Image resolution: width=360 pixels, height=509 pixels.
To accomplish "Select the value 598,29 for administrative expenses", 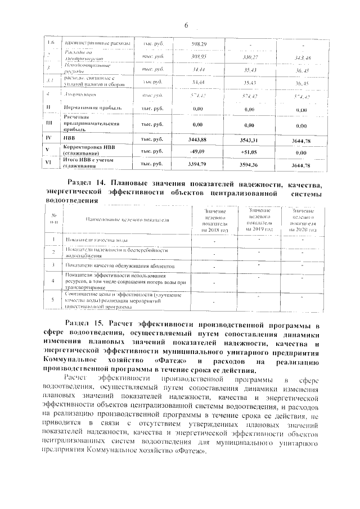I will click(x=199, y=44).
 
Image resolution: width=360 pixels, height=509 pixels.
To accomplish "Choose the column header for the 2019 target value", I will click(x=260, y=219).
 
